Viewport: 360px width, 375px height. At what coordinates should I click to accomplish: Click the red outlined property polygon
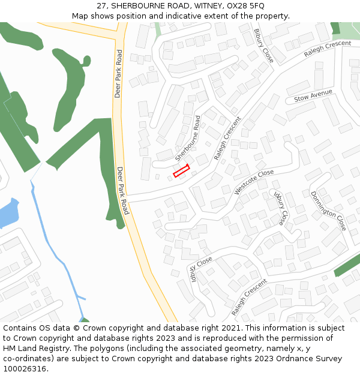(181, 170)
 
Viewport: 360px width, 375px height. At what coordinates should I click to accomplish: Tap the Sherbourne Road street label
(188, 138)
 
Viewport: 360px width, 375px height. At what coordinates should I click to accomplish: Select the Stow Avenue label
(313, 95)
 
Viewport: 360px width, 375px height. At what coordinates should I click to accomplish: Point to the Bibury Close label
(263, 46)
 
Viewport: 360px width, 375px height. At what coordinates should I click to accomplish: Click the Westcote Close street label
(254, 182)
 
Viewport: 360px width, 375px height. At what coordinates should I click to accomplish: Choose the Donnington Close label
(328, 211)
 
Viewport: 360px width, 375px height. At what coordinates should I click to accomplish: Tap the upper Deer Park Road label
(118, 74)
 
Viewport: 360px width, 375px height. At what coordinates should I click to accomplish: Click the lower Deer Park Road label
(122, 190)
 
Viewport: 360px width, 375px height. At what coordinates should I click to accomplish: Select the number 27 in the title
(103, 6)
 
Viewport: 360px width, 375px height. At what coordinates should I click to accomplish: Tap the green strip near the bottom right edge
(347, 265)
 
